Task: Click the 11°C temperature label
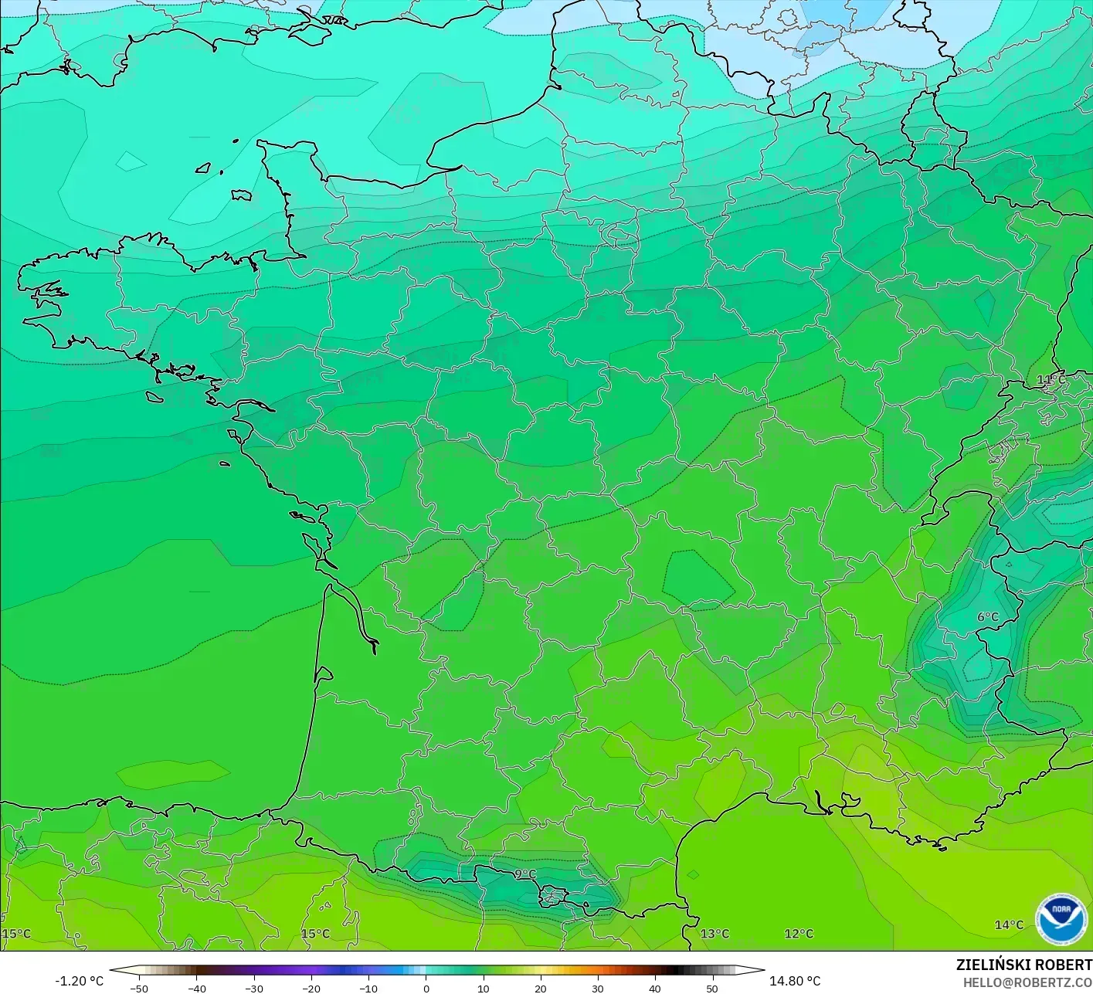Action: (1051, 379)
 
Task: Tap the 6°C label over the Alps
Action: (987, 616)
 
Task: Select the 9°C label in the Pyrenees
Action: (525, 874)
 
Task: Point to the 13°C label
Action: (715, 934)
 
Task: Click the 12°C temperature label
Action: (799, 934)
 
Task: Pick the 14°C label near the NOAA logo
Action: (1009, 924)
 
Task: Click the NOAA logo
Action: (1061, 919)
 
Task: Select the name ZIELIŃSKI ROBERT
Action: (1023, 965)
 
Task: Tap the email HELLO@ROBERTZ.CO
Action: (1027, 982)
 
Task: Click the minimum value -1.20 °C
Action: (79, 981)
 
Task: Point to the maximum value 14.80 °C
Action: (795, 981)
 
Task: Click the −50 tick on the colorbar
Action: (139, 989)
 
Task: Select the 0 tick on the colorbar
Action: (426, 989)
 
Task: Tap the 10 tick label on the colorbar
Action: (483, 989)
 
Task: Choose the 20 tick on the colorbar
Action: (540, 989)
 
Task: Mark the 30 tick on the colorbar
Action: (597, 989)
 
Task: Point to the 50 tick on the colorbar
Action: (711, 989)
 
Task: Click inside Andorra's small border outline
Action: (552, 897)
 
